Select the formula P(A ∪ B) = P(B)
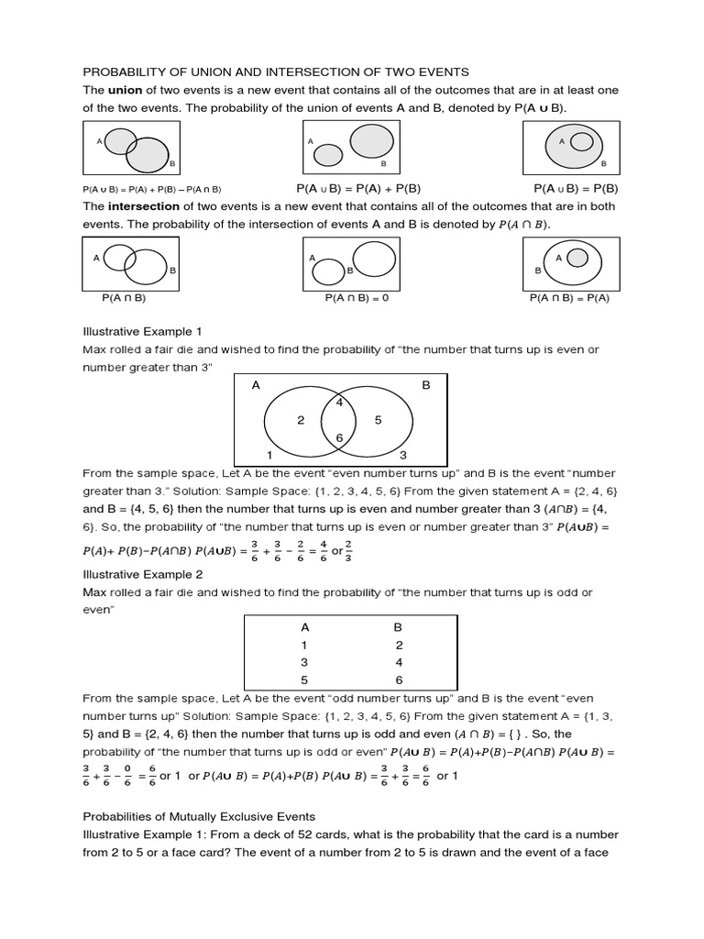point(571,188)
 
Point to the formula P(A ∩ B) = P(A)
point(571,298)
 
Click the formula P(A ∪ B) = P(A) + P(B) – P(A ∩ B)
point(152,189)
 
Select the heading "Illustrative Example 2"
point(143,574)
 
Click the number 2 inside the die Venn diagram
point(301,420)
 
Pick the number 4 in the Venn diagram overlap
point(338,401)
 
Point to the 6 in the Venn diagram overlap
point(339,438)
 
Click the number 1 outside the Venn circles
point(269,455)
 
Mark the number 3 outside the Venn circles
point(403,455)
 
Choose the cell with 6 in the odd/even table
point(399,679)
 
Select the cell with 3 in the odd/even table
point(305,662)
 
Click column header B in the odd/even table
point(399,628)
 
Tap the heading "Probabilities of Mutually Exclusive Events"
point(199,816)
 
